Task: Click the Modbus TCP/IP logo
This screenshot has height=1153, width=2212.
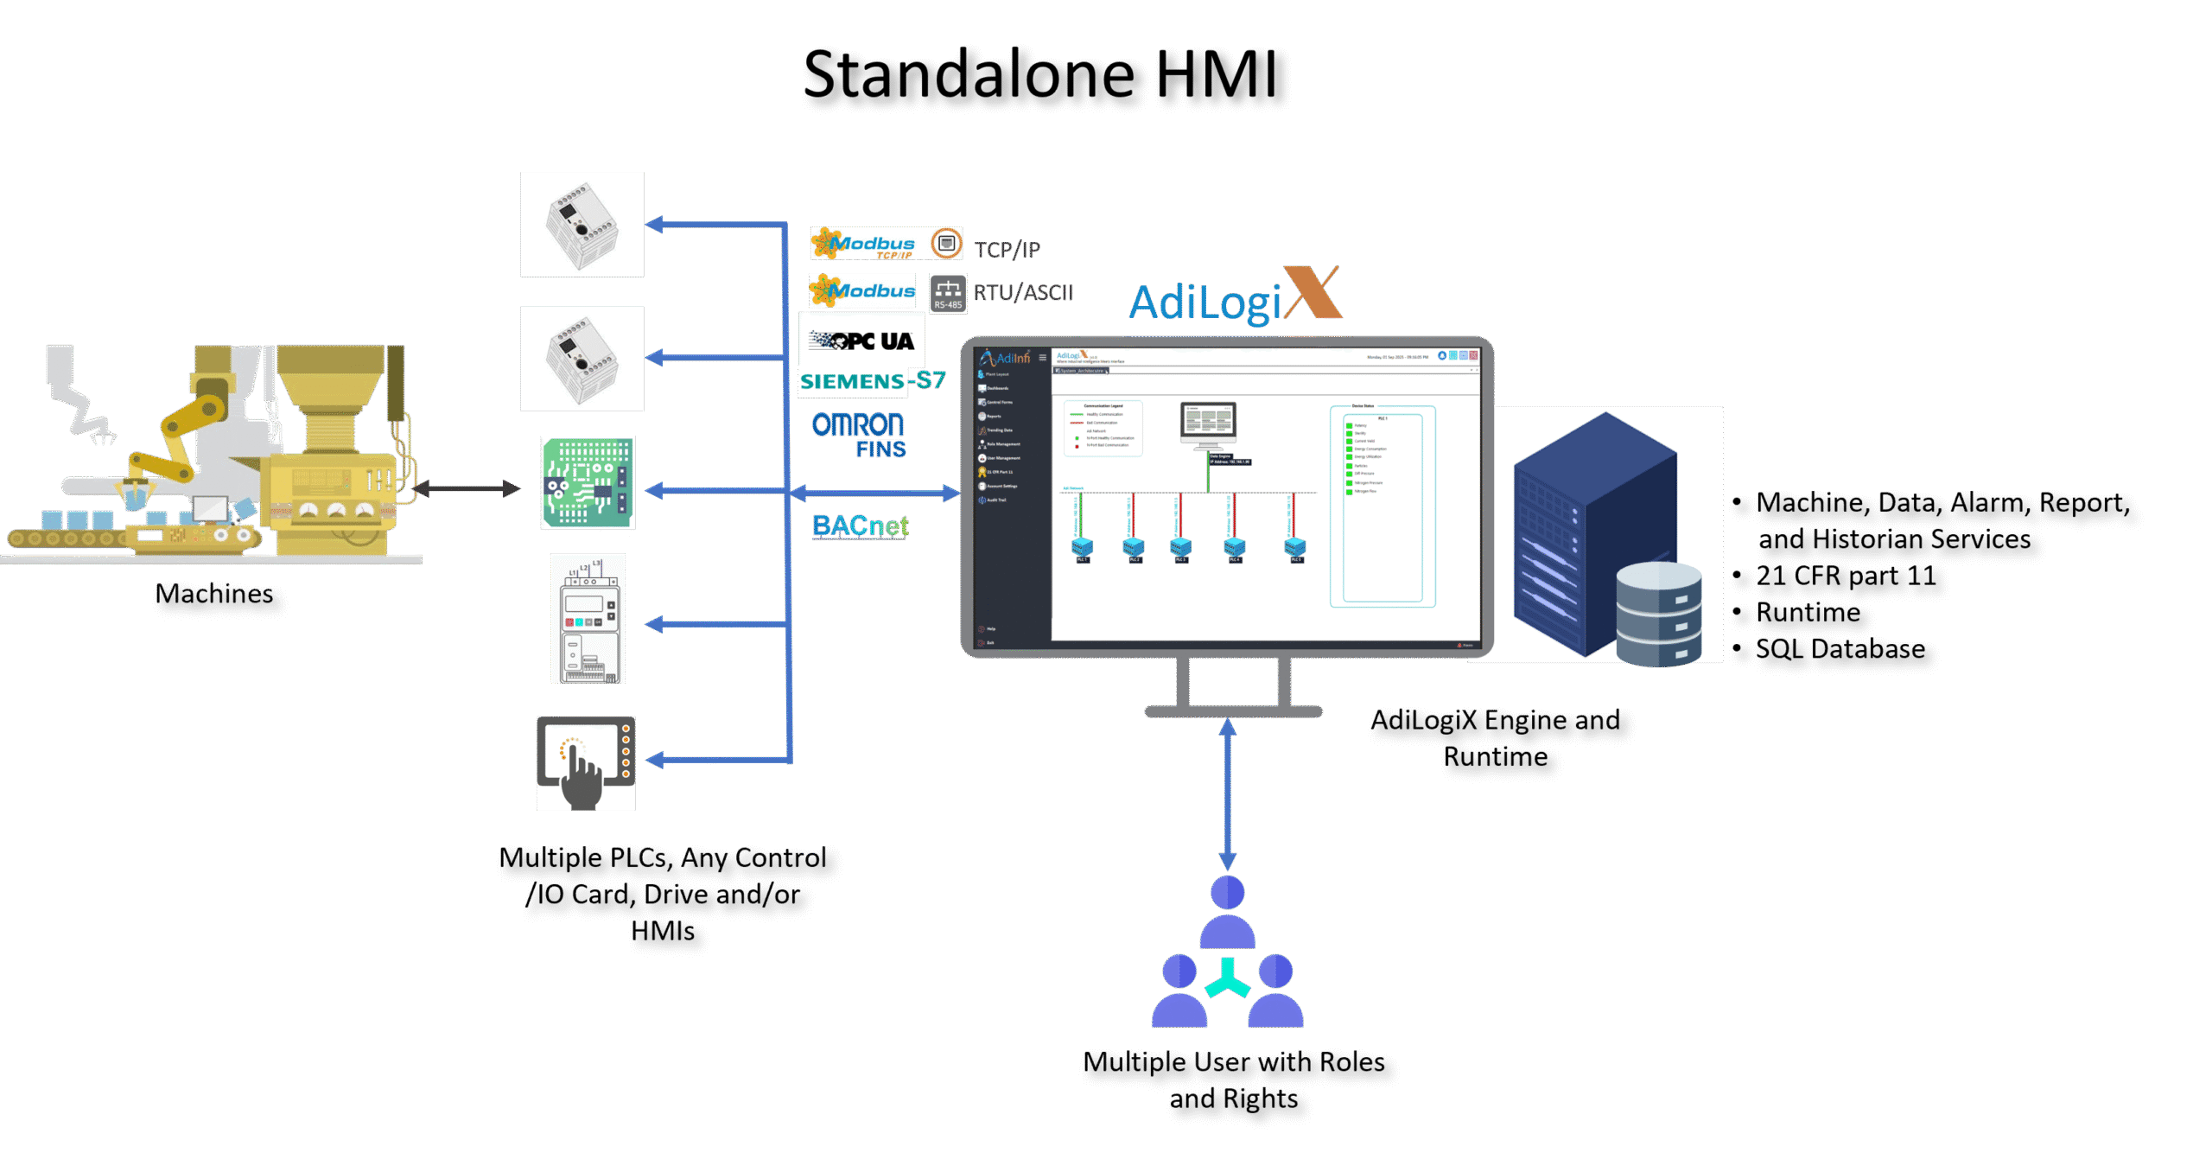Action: [863, 244]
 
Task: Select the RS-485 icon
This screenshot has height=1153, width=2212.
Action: [948, 293]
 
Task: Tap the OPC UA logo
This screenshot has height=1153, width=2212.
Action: [862, 341]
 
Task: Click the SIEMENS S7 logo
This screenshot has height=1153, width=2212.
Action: [872, 381]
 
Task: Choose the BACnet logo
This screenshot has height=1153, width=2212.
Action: [861, 526]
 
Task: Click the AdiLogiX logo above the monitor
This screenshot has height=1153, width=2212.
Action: [1235, 296]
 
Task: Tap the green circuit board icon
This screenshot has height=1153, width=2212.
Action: [588, 482]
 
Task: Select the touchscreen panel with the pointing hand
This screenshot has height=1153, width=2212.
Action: [586, 763]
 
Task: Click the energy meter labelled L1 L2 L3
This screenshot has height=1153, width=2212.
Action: [588, 619]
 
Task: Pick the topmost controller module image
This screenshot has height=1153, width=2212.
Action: [582, 225]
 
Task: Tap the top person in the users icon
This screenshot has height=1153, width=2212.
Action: [1227, 912]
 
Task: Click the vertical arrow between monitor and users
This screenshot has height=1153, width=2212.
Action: [1227, 795]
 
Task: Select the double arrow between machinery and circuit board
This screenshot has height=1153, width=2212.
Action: [467, 488]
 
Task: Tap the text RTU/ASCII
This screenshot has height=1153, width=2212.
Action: [1023, 293]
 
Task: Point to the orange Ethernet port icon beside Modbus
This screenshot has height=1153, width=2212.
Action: [946, 244]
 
